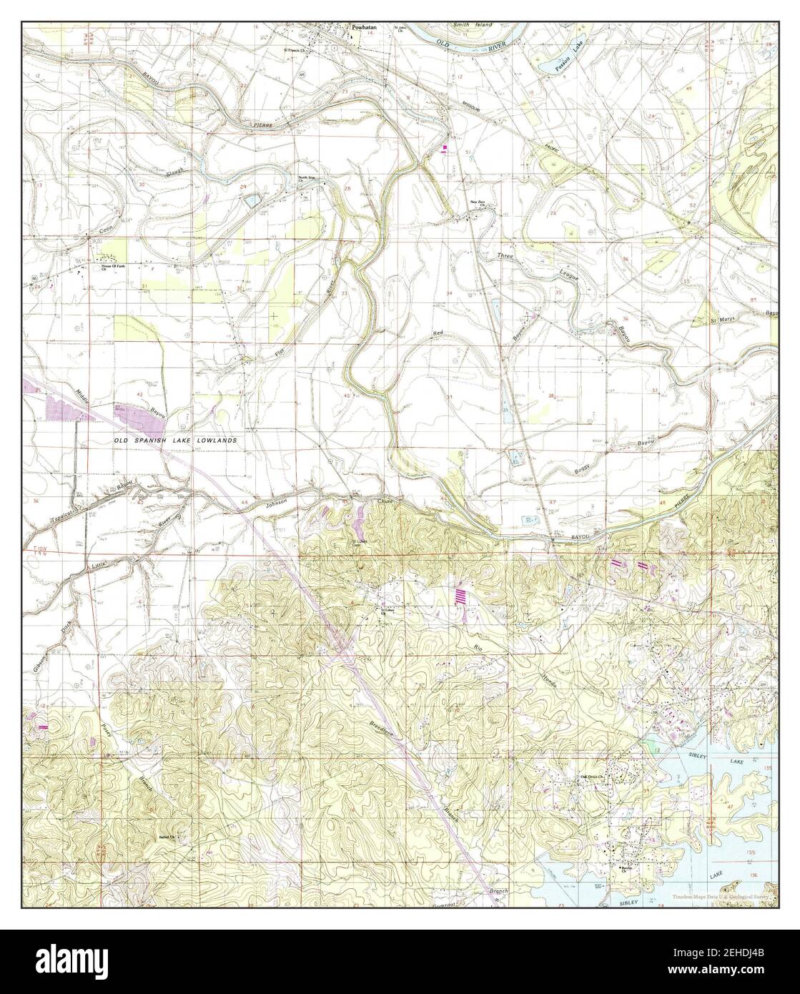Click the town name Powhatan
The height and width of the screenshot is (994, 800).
363,29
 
